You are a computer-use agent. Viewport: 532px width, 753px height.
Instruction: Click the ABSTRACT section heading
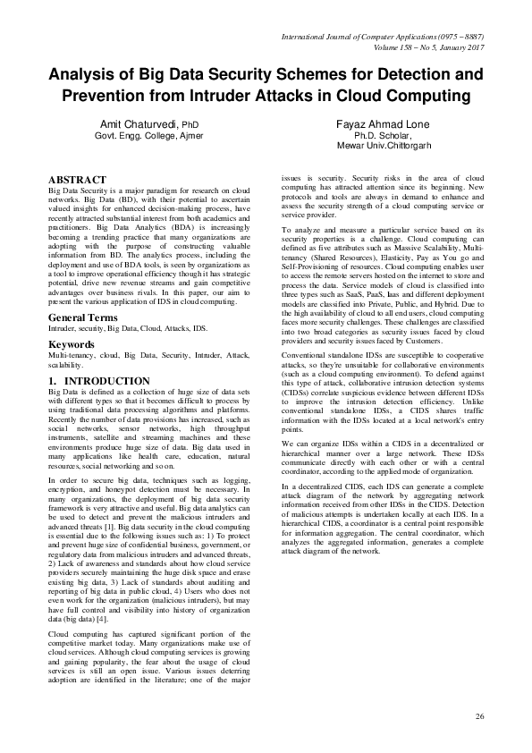[81, 180]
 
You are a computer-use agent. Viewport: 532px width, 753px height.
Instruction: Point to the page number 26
[479, 716]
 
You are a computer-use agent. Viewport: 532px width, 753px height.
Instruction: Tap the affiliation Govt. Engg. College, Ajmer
[148, 136]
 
